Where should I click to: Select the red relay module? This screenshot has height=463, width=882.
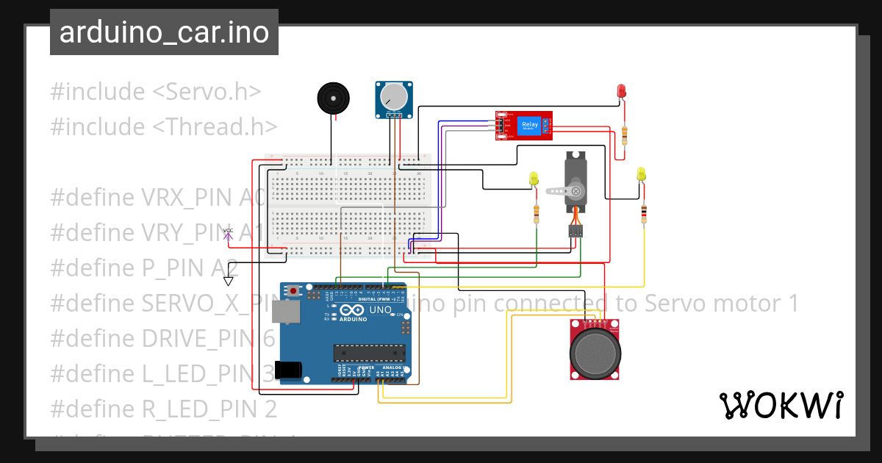pos(524,126)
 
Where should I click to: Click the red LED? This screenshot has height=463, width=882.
pos(621,92)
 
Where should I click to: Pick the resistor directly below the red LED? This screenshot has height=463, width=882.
pos(625,134)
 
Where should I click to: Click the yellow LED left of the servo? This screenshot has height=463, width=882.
pos(534,179)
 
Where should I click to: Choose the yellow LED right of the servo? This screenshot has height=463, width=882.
pos(642,174)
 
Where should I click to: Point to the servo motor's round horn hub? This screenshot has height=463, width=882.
pos(576,192)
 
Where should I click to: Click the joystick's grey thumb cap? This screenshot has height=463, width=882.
pos(595,351)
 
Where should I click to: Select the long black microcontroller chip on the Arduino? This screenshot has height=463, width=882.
pos(368,353)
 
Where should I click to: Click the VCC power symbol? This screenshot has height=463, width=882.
pos(228,234)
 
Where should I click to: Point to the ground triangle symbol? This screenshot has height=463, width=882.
pos(229,281)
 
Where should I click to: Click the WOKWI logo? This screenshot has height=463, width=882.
pos(781,405)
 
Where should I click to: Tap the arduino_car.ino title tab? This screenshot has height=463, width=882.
pos(164,32)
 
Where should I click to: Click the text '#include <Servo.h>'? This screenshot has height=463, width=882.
pos(156,92)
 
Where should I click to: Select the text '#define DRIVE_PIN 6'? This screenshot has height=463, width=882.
pos(162,338)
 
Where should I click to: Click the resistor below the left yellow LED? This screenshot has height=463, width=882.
pos(537,213)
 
